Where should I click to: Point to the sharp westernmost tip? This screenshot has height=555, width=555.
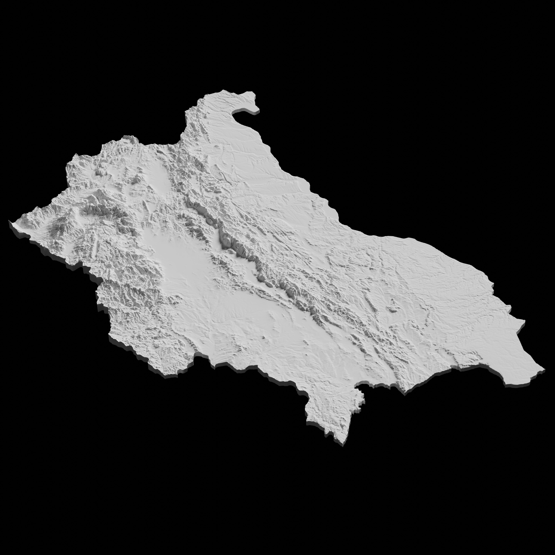[x=10, y=221]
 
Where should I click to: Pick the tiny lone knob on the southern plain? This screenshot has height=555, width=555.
[x=263, y=338]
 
